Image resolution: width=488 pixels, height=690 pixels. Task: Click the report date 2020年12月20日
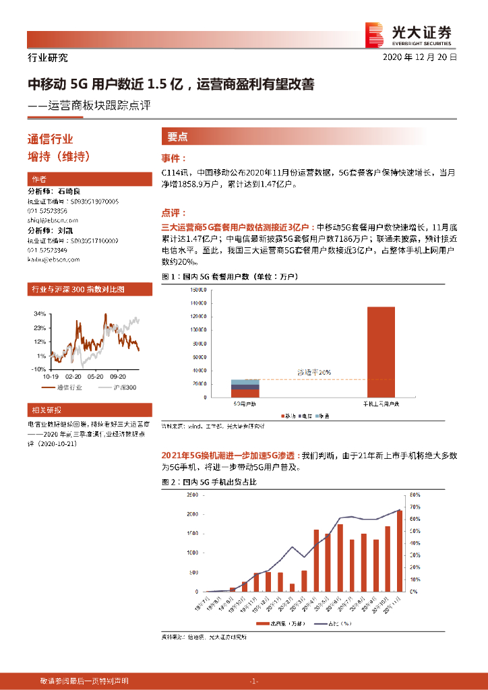pyautogui.click(x=420, y=58)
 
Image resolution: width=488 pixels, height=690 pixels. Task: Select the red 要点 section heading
pyautogui.click(x=177, y=136)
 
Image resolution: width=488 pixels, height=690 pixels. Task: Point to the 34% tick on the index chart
pyautogui.click(x=40, y=314)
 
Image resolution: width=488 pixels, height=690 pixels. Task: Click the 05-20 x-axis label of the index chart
pyautogui.click(x=95, y=376)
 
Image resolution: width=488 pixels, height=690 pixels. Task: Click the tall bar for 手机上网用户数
pyautogui.click(x=380, y=352)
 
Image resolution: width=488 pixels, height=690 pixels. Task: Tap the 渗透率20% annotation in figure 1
pyautogui.click(x=314, y=372)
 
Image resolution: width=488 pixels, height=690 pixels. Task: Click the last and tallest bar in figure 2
pyautogui.click(x=399, y=551)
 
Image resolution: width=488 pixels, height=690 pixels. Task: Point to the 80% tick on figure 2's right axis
pyautogui.click(x=416, y=494)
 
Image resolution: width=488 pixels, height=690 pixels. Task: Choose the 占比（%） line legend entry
pyautogui.click(x=336, y=625)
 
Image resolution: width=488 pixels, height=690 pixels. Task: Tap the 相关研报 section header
pyautogui.click(x=44, y=410)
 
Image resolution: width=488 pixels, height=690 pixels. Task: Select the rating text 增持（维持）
pyautogui.click(x=58, y=156)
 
